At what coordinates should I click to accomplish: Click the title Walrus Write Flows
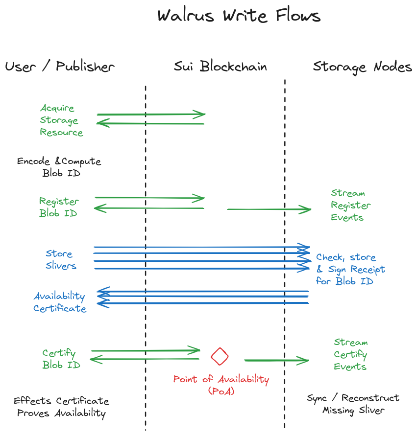pos(239,16)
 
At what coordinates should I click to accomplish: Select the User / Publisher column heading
pos(59,67)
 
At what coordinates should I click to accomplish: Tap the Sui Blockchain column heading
pos(221,67)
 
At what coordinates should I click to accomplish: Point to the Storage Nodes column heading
pos(363,67)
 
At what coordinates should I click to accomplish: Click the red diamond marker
pos(220,356)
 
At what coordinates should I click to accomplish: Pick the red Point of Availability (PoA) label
pos(221,385)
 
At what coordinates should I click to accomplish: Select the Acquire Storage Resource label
pos(61,120)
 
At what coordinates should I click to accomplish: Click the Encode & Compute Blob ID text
pos(59,167)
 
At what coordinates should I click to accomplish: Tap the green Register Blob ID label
pos(59,207)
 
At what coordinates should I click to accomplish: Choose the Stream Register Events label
pos(350,206)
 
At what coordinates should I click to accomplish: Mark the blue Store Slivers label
pos(61,260)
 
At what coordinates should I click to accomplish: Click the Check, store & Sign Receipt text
pos(350,269)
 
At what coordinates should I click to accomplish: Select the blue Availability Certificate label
pos(60,302)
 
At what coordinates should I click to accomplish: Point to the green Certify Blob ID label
pos(61,359)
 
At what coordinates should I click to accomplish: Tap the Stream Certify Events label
pos(350,355)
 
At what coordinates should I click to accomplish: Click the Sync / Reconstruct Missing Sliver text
pos(353,404)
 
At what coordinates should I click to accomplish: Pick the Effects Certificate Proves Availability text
pos(61,407)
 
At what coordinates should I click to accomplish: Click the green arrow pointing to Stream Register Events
pos(269,209)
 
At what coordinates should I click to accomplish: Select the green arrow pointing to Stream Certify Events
pos(276,361)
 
